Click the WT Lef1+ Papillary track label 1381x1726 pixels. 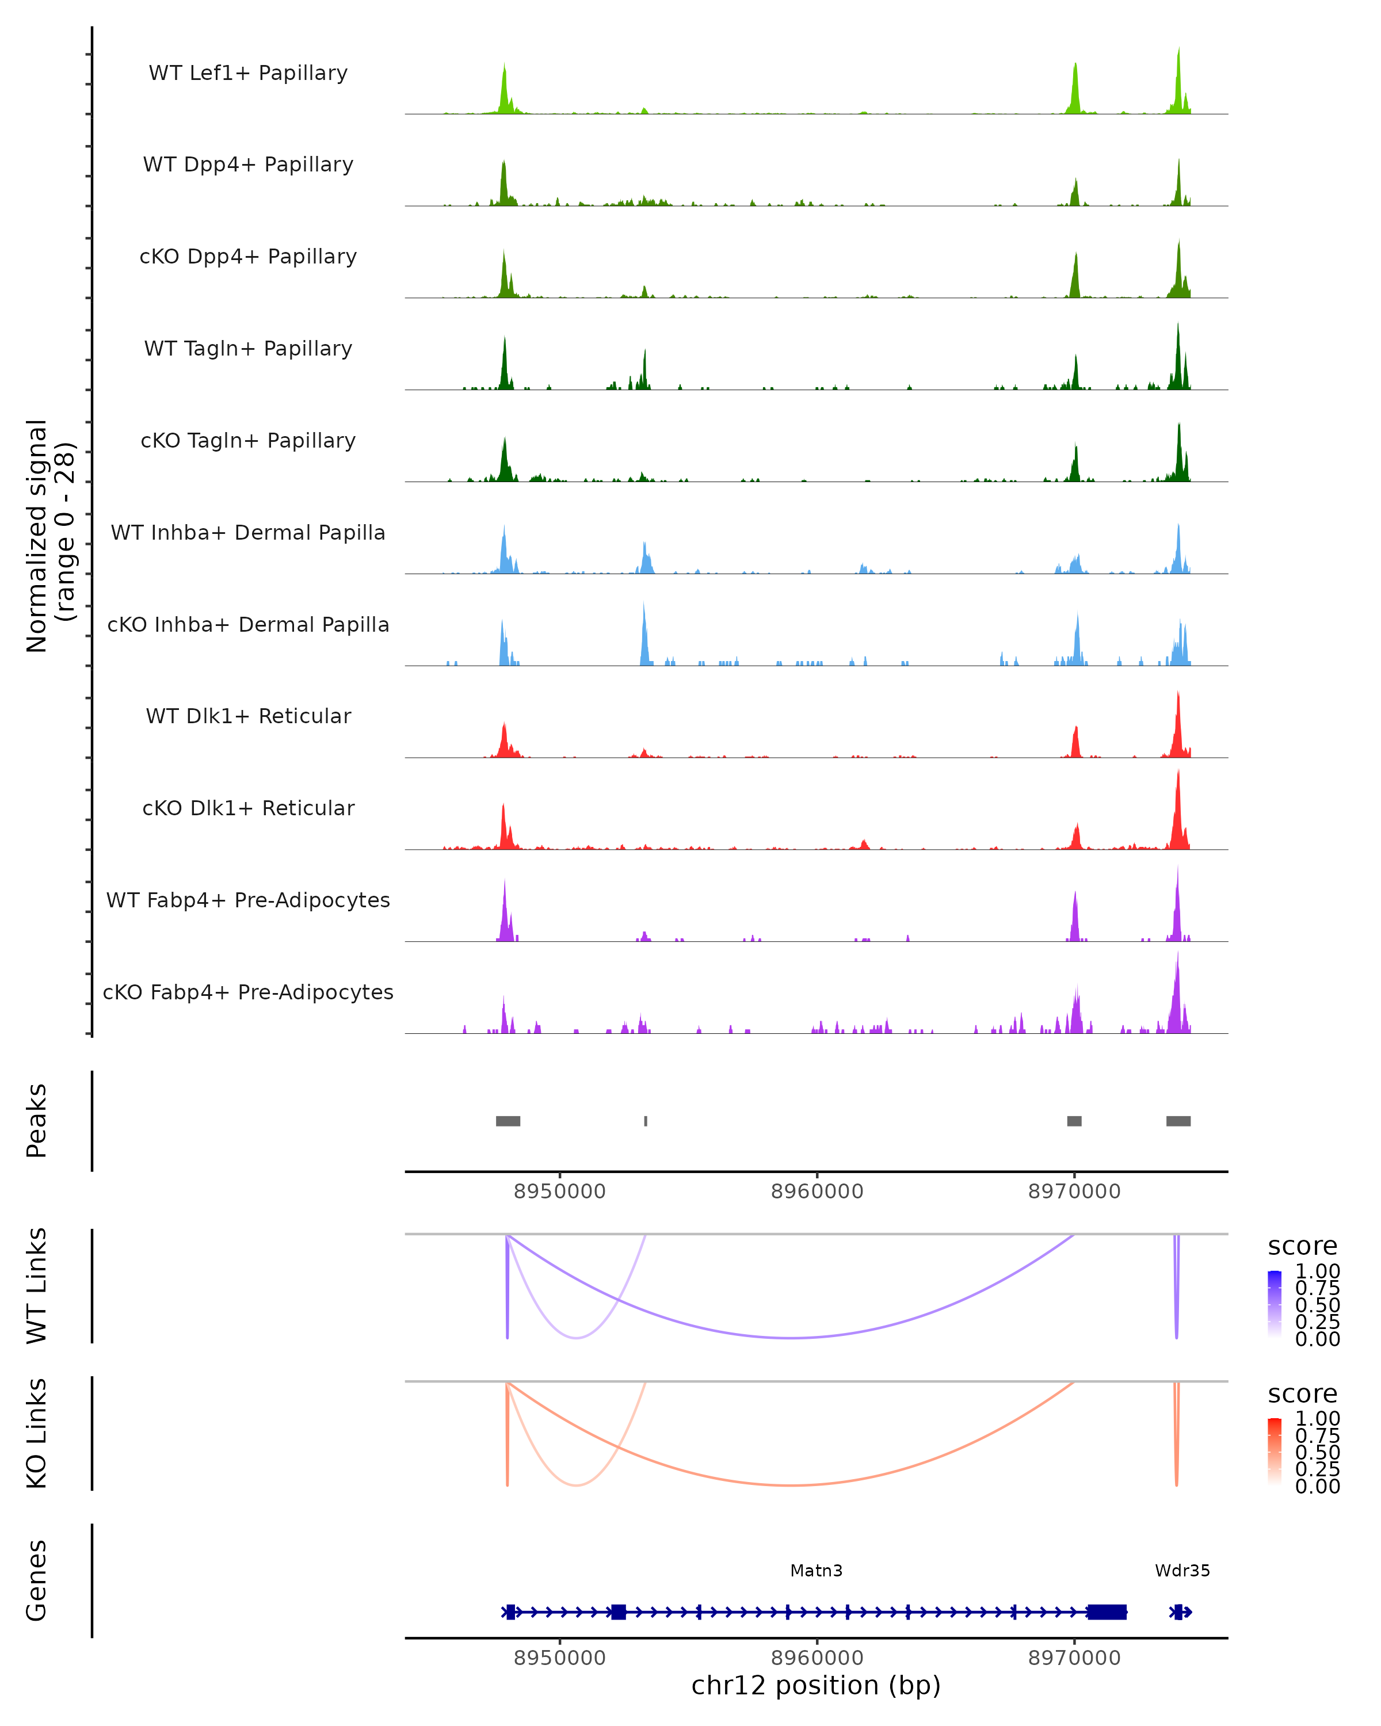[x=248, y=73]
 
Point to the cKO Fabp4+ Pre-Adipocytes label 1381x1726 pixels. [x=248, y=992]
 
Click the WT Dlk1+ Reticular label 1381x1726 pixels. [x=248, y=716]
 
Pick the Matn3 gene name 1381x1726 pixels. [x=816, y=1571]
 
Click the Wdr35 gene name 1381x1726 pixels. [x=1182, y=1571]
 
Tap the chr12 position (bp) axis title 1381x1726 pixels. [x=816, y=1685]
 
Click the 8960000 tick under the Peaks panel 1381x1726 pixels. [x=817, y=1192]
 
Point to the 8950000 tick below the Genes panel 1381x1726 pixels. [x=560, y=1658]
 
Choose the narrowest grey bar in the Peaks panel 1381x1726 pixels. [x=645, y=1121]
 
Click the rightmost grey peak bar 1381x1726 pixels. [x=1178, y=1121]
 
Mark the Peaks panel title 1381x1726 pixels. [x=37, y=1121]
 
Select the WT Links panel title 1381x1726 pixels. [x=37, y=1286]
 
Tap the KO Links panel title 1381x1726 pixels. [x=37, y=1434]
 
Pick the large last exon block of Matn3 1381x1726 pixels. [x=1107, y=1612]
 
